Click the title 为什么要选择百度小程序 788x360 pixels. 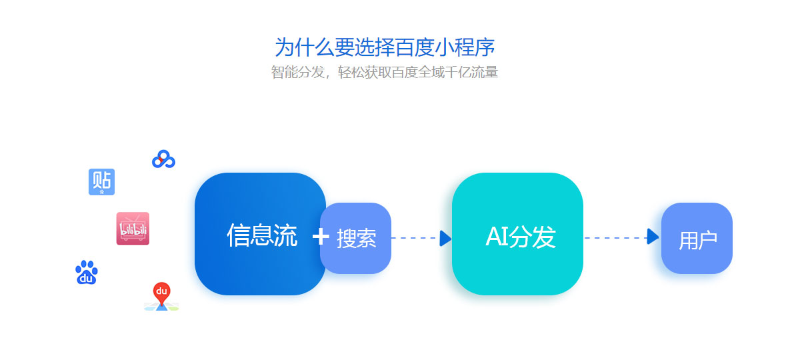pyautogui.click(x=385, y=47)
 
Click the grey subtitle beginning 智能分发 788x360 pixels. pyautogui.click(x=385, y=72)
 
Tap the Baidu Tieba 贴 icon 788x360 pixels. pyautogui.click(x=101, y=181)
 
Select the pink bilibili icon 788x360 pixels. pyautogui.click(x=133, y=228)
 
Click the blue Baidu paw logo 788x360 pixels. pyautogui.click(x=87, y=272)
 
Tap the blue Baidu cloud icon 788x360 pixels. pyautogui.click(x=163, y=159)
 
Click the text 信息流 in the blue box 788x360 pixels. pyautogui.click(x=262, y=235)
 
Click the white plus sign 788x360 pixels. pyautogui.click(x=321, y=235)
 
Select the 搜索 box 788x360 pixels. pyautogui.click(x=355, y=238)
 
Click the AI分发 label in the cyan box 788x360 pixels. pyautogui.click(x=520, y=236)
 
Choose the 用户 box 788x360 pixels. pyautogui.click(x=697, y=238)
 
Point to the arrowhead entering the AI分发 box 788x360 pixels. pyautogui.click(x=445, y=238)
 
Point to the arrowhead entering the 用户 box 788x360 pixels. pyautogui.click(x=653, y=236)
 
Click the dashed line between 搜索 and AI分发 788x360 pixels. pyautogui.click(x=415, y=238)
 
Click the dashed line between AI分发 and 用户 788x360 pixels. pyautogui.click(x=615, y=237)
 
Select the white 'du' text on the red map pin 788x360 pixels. pyautogui.click(x=161, y=290)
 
